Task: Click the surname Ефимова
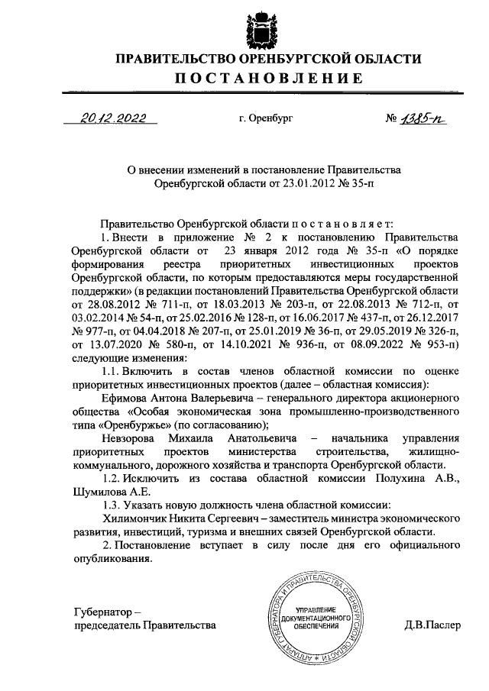point(125,398)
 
